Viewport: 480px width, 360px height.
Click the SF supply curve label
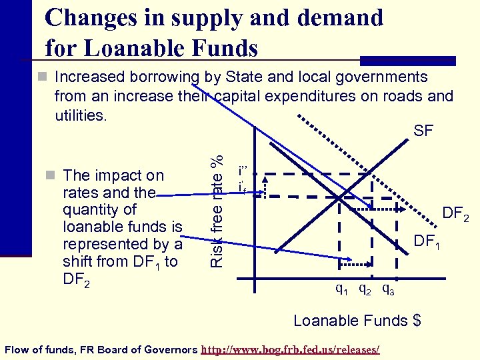423,131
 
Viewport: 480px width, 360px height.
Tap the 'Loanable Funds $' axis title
357,321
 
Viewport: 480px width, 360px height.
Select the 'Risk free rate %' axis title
216,211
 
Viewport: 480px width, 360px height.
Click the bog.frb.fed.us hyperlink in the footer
291,349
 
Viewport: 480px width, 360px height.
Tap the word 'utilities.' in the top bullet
80,115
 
